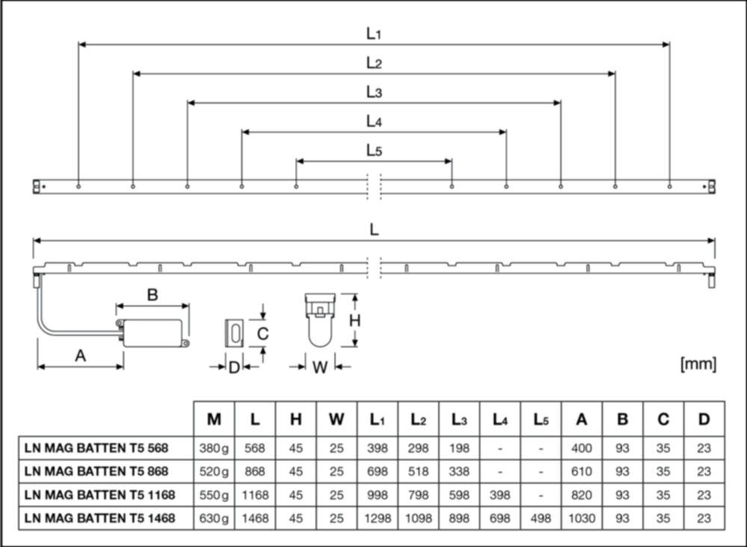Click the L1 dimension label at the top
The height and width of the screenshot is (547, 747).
[374, 34]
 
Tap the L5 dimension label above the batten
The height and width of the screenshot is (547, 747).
[374, 150]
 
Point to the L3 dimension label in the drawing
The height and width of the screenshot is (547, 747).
[374, 92]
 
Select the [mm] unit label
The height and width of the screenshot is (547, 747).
[698, 364]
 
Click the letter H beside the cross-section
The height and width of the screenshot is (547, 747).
[354, 321]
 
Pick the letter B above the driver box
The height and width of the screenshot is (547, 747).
[152, 295]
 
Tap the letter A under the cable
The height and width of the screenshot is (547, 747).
[81, 356]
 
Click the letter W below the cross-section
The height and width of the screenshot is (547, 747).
[320, 368]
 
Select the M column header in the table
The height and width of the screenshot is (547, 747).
[214, 419]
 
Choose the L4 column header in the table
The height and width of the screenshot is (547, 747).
[500, 420]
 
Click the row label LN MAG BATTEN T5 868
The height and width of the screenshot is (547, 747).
[96, 472]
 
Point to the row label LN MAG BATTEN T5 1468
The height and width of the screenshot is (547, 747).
[99, 518]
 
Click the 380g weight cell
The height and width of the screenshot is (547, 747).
[214, 448]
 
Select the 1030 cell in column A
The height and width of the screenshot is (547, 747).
[582, 519]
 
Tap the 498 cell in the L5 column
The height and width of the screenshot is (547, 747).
[541, 519]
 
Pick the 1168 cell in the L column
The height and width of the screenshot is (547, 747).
[255, 495]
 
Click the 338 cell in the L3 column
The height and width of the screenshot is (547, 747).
[459, 472]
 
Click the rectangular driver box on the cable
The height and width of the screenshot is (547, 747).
[152, 333]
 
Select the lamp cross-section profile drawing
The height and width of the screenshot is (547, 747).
[320, 320]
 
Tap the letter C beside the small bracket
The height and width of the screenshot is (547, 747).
[262, 334]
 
